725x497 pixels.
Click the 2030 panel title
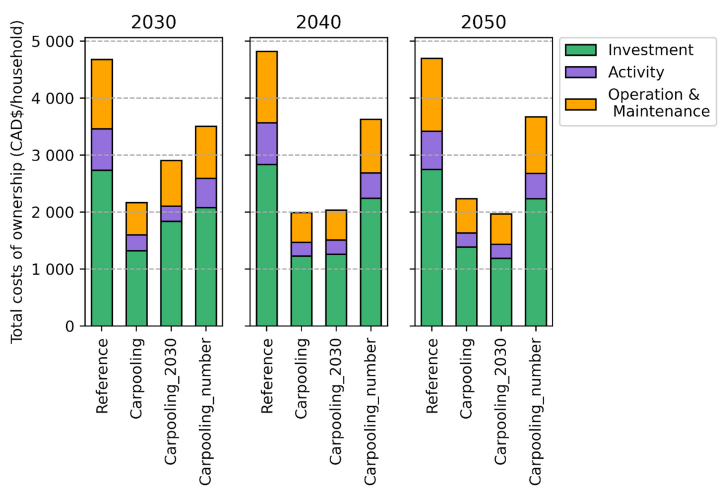tap(153, 22)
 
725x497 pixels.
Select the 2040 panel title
tap(318, 22)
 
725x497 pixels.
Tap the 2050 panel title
tap(483, 22)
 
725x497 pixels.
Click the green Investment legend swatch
tap(581, 50)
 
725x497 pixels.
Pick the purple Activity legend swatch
tap(581, 72)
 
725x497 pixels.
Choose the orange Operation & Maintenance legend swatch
tap(581, 104)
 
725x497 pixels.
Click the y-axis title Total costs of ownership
tap(17, 182)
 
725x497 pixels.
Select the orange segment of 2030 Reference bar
tap(102, 94)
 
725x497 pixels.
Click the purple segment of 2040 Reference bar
tap(267, 144)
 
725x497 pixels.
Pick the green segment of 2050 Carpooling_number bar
tap(536, 262)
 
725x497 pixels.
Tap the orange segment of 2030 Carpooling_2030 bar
tap(171, 183)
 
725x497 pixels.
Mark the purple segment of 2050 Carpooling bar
tap(467, 240)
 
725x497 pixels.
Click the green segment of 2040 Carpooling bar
tap(301, 291)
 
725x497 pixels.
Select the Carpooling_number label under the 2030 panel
tap(205, 412)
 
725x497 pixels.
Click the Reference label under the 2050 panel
tap(432, 376)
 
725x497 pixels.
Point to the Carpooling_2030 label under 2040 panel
tap(335, 401)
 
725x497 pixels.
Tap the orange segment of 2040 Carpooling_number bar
tap(371, 146)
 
